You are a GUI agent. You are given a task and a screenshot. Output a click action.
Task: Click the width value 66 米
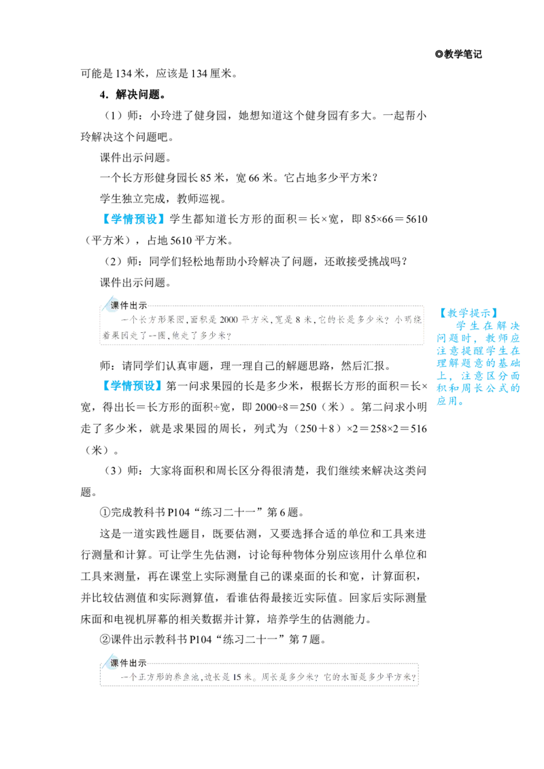[260, 177]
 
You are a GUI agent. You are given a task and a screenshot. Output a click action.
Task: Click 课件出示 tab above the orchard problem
[128, 306]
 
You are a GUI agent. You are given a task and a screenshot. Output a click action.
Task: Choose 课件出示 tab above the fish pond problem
[128, 663]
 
